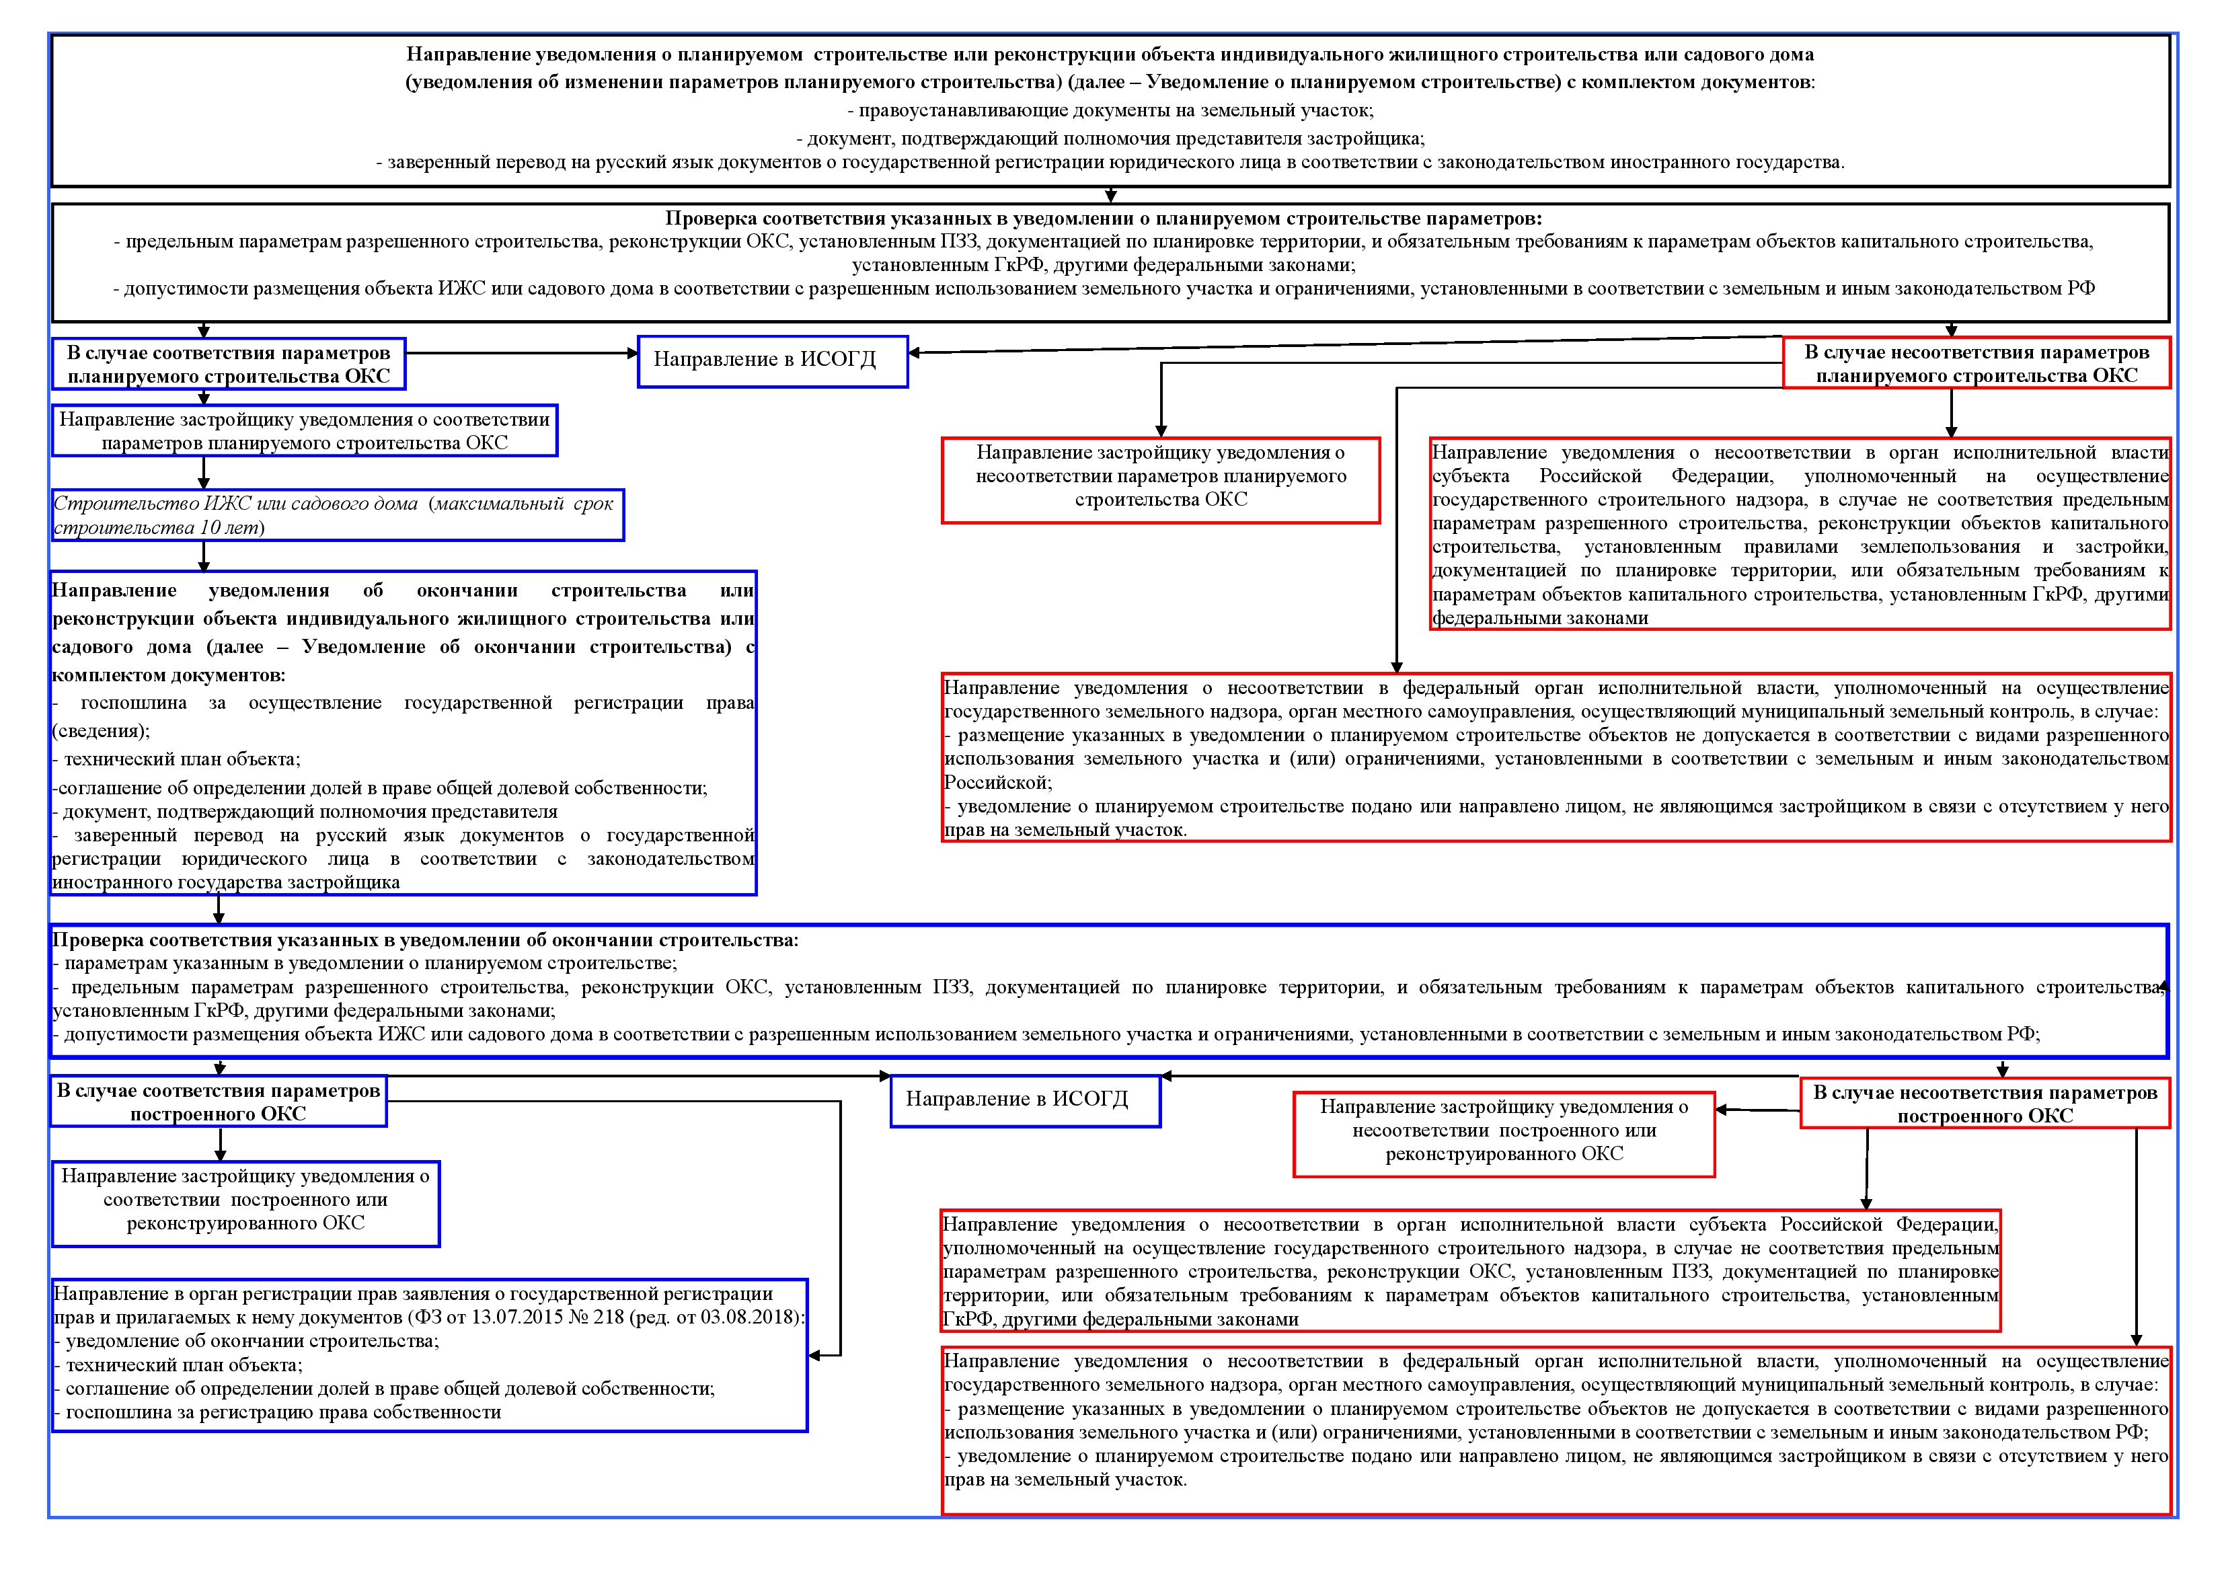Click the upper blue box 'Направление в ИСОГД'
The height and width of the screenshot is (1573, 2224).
[x=772, y=361]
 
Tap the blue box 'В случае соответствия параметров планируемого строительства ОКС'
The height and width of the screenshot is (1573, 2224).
[x=229, y=365]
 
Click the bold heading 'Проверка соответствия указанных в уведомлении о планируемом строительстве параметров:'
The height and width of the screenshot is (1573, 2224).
[x=1104, y=219]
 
